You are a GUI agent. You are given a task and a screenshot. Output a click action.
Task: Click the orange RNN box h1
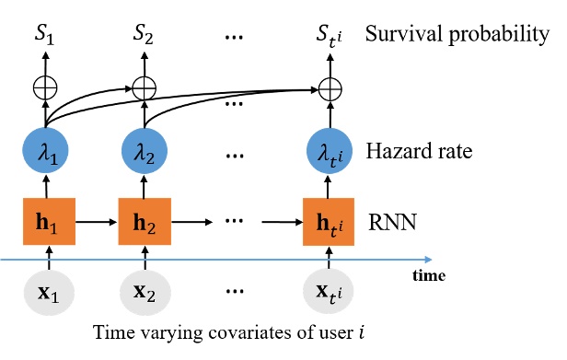tap(46, 223)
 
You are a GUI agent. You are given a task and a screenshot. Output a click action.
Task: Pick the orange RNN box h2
tap(142, 223)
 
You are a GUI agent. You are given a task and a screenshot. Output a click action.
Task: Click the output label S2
tap(142, 38)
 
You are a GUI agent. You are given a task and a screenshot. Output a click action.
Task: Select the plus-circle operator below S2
tap(142, 88)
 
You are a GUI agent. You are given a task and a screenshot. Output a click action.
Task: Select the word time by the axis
tap(429, 274)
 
